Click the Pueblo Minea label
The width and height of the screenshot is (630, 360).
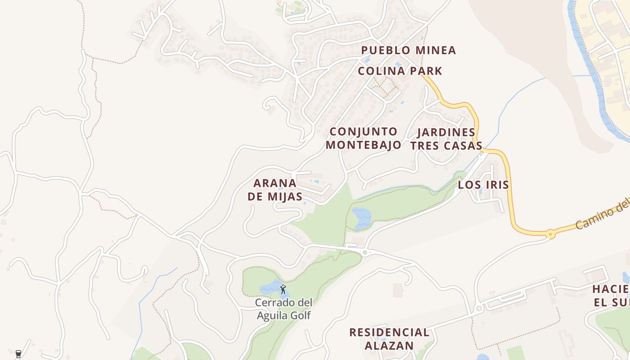tap(409, 50)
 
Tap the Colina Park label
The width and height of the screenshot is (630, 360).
tap(400, 71)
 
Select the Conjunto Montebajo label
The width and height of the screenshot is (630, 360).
tap(364, 138)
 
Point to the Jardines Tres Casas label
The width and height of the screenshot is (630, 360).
tap(446, 139)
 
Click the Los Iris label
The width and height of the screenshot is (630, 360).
tap(483, 184)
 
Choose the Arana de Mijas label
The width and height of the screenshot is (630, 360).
tap(277, 189)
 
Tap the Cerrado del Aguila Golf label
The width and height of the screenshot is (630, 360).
tap(283, 309)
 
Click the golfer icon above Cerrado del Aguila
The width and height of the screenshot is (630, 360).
tap(283, 289)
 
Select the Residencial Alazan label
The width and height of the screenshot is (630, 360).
tap(389, 339)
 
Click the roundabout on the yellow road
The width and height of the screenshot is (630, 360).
tap(550, 234)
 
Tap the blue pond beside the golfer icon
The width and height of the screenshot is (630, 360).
tap(270, 287)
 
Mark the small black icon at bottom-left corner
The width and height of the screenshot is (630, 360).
tap(18, 354)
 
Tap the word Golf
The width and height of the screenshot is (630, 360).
tap(301, 315)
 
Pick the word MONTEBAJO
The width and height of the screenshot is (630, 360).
tap(364, 145)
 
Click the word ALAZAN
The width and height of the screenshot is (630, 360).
tap(389, 346)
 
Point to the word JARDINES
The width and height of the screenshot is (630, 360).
tap(446, 132)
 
